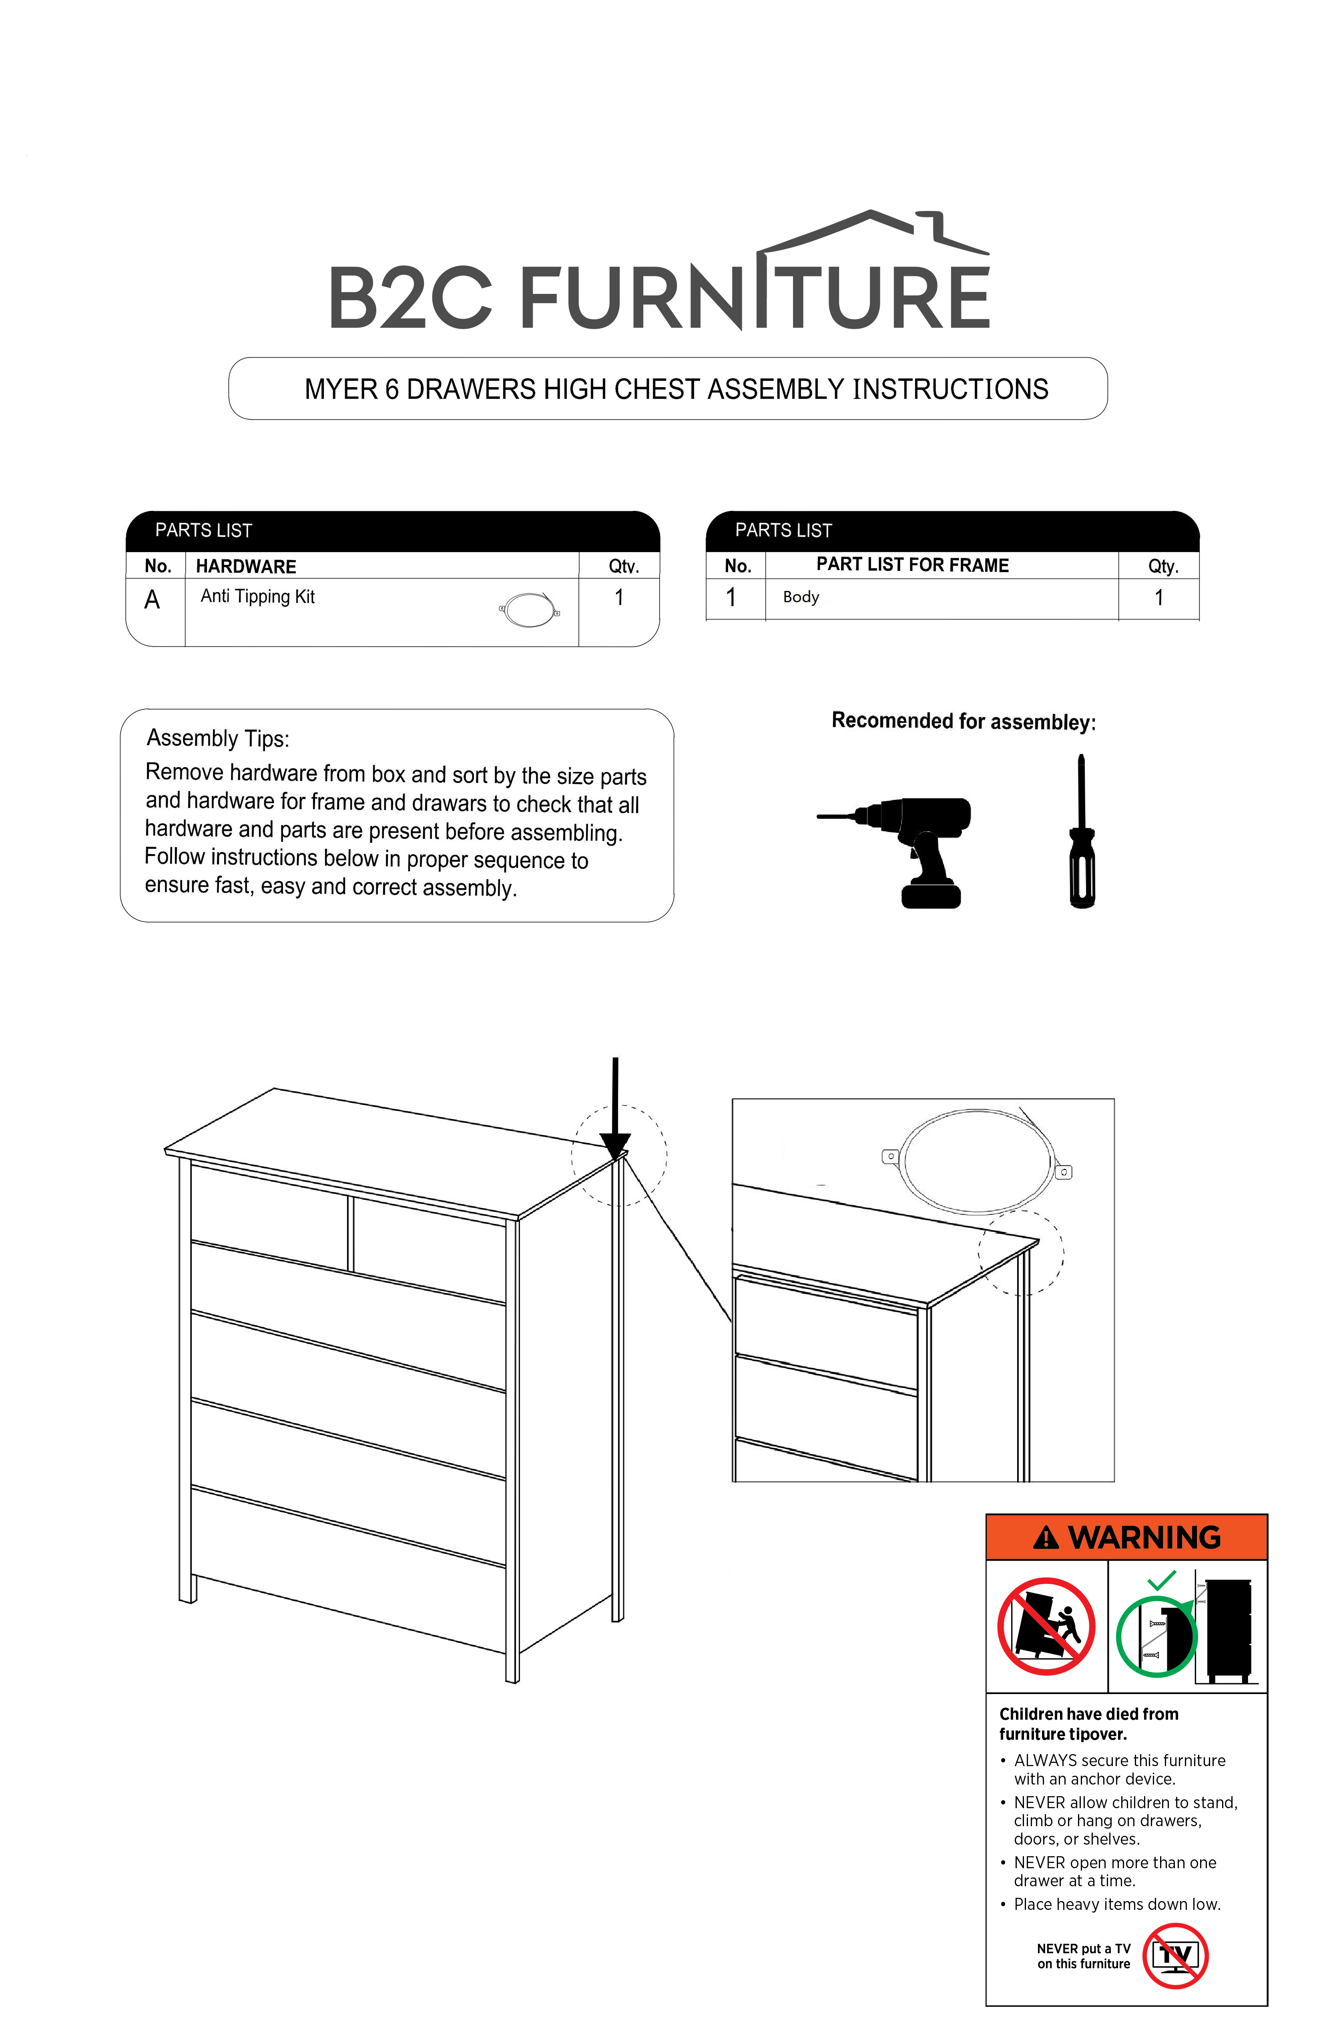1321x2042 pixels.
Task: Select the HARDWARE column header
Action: [x=246, y=566]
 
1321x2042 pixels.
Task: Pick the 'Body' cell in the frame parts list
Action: [x=801, y=597]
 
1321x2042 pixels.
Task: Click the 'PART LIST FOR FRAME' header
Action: [x=913, y=565]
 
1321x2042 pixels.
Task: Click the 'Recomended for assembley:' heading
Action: [x=963, y=722]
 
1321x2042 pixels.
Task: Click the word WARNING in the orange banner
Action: [x=1144, y=1537]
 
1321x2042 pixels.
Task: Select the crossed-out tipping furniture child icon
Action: [x=1046, y=1626]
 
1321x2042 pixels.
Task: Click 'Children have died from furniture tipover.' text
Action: [x=1088, y=1724]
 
